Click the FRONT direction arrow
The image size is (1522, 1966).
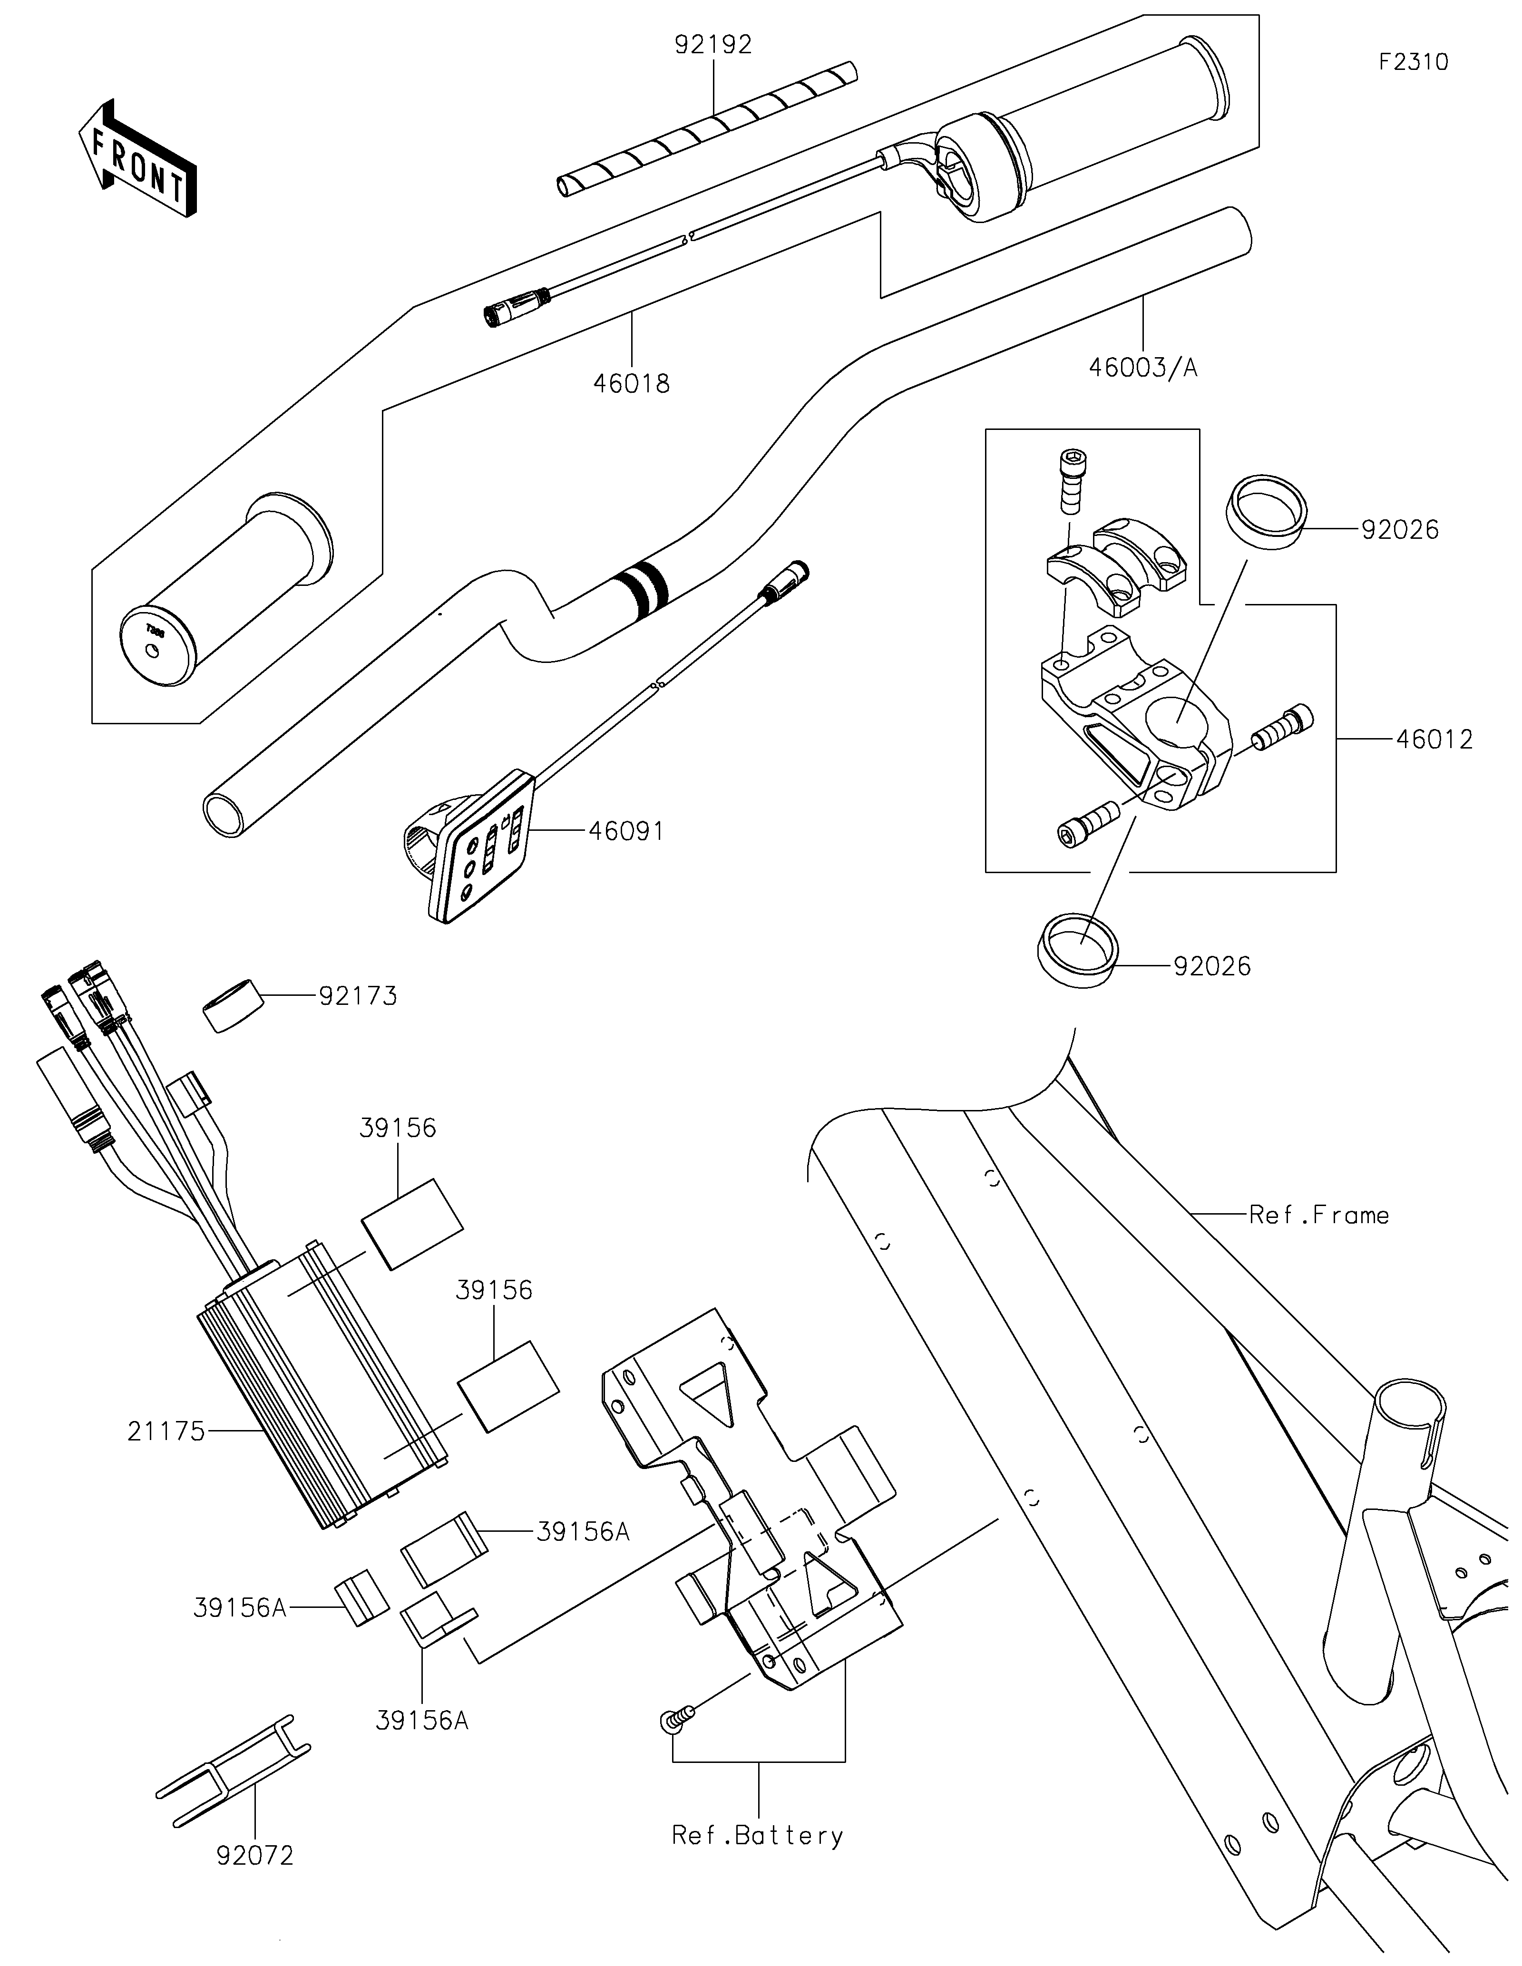[138, 159]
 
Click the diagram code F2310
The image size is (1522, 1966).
[1413, 62]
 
